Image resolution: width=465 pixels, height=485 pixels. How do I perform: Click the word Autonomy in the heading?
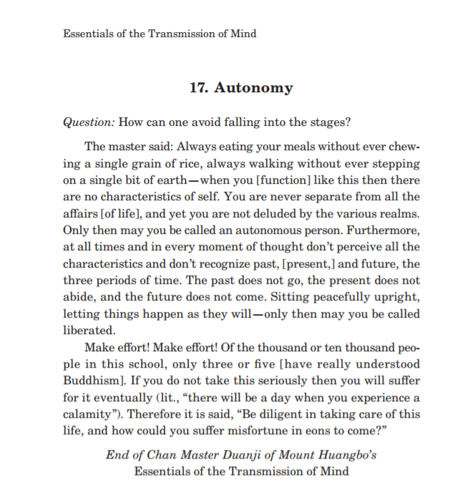pos(254,89)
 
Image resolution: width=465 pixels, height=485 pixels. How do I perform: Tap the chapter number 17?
pos(198,89)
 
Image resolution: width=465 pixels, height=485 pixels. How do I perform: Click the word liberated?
pos(89,331)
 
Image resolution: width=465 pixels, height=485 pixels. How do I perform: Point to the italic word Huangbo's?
pos(345,455)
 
